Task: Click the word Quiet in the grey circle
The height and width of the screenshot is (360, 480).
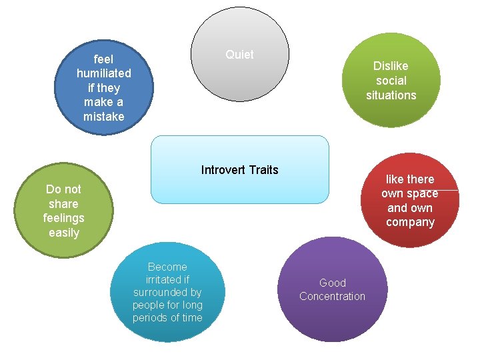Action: point(239,55)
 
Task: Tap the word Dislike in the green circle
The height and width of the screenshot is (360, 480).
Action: point(391,66)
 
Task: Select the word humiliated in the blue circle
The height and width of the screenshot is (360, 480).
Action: point(103,73)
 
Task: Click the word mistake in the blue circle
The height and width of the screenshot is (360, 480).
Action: point(103,117)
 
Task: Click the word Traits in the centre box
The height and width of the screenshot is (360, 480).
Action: point(264,170)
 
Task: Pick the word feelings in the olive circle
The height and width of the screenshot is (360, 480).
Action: point(63,218)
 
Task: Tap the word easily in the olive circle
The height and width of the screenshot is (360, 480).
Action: point(63,233)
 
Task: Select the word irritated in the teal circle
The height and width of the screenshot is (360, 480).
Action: point(167,279)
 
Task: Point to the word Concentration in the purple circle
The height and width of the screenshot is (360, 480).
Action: point(332,296)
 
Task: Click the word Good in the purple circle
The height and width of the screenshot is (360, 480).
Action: point(332,283)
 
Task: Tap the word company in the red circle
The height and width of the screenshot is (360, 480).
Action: point(410,223)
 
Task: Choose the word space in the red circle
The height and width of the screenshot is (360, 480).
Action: point(423,193)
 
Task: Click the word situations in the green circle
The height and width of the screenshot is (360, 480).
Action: point(391,95)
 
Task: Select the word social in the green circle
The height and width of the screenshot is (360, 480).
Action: point(391,81)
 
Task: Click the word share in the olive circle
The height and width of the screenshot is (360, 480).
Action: point(63,204)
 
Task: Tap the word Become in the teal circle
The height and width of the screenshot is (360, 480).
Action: point(167,267)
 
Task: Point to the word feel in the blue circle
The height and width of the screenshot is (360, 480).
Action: point(103,59)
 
